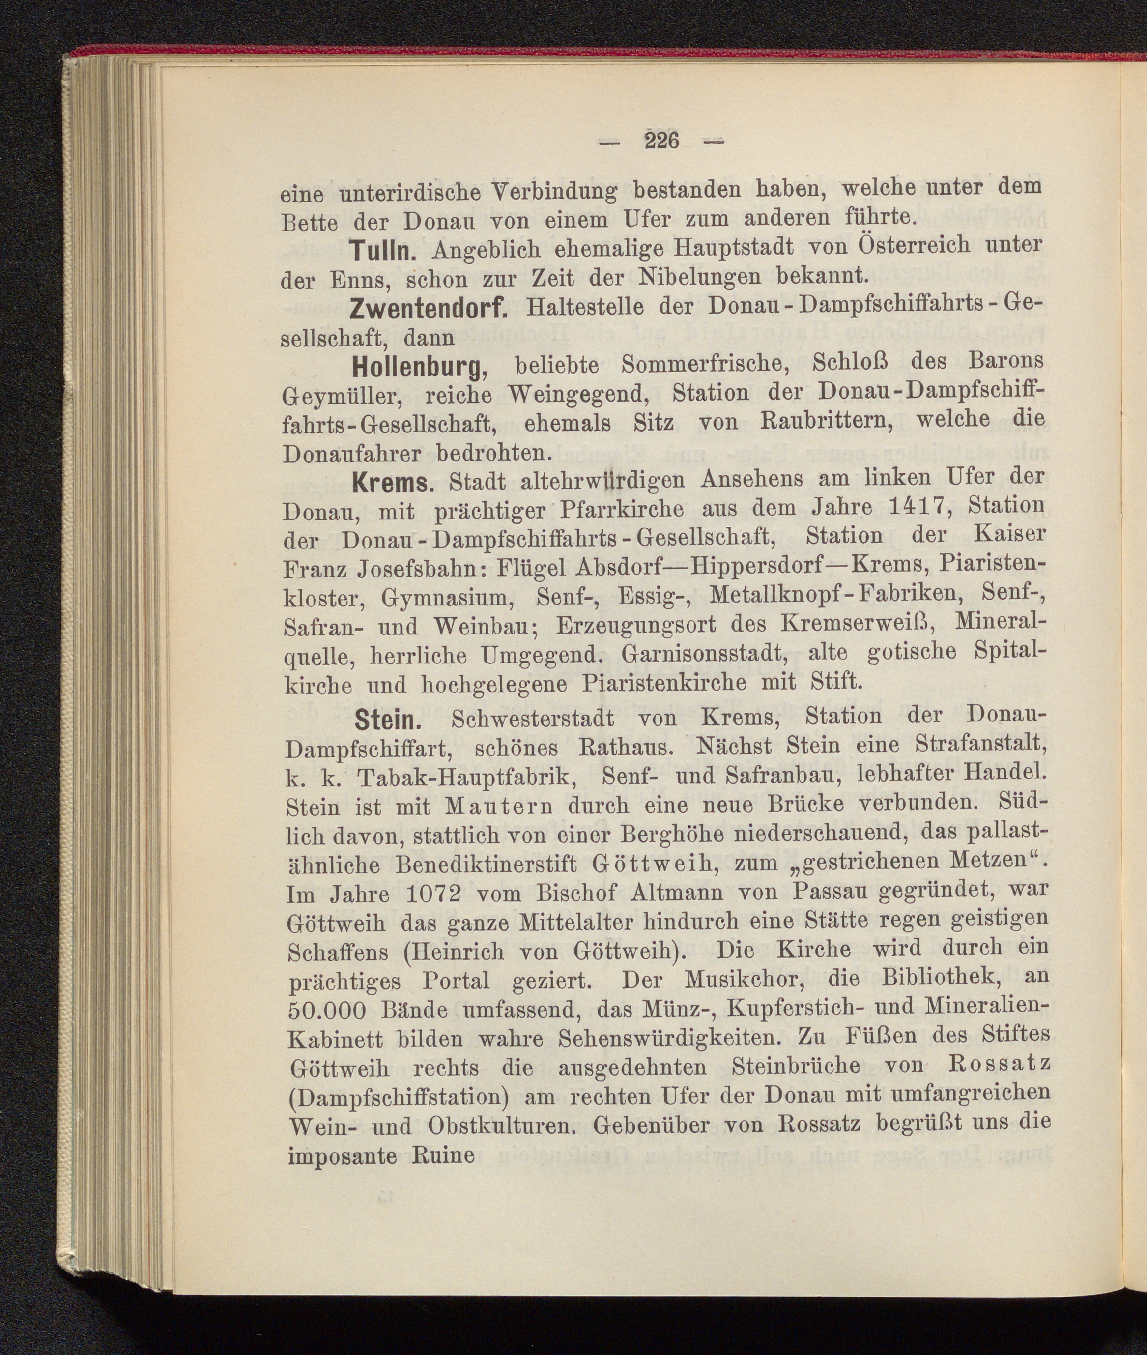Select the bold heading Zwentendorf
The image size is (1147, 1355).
tap(428, 309)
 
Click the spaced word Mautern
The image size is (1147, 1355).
tap(499, 806)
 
